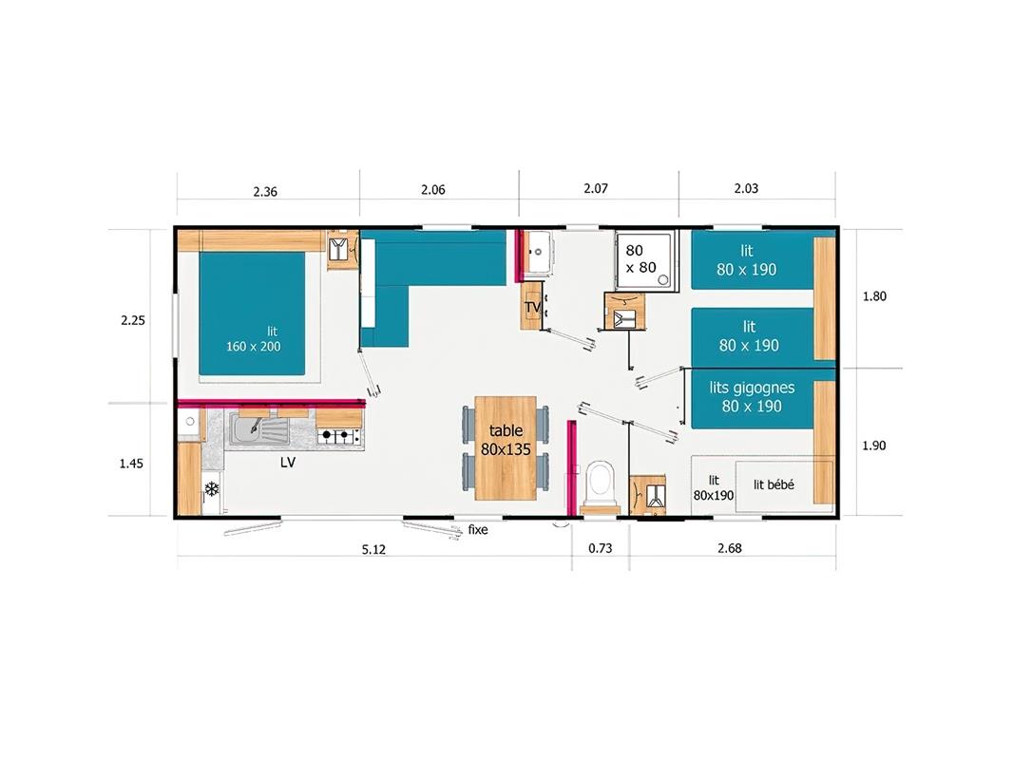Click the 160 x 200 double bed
(252, 313)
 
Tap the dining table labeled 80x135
(506, 447)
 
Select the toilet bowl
(601, 482)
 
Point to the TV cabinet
(531, 306)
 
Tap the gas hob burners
(339, 436)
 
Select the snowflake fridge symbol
(211, 489)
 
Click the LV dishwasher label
(288, 463)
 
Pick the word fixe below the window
(478, 529)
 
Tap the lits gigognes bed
(752, 398)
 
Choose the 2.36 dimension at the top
(265, 192)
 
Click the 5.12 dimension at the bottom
(373, 549)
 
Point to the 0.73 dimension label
(601, 548)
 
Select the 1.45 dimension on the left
(132, 464)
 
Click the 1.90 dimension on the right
(874, 446)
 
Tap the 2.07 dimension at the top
(596, 188)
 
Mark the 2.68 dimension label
(730, 548)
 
